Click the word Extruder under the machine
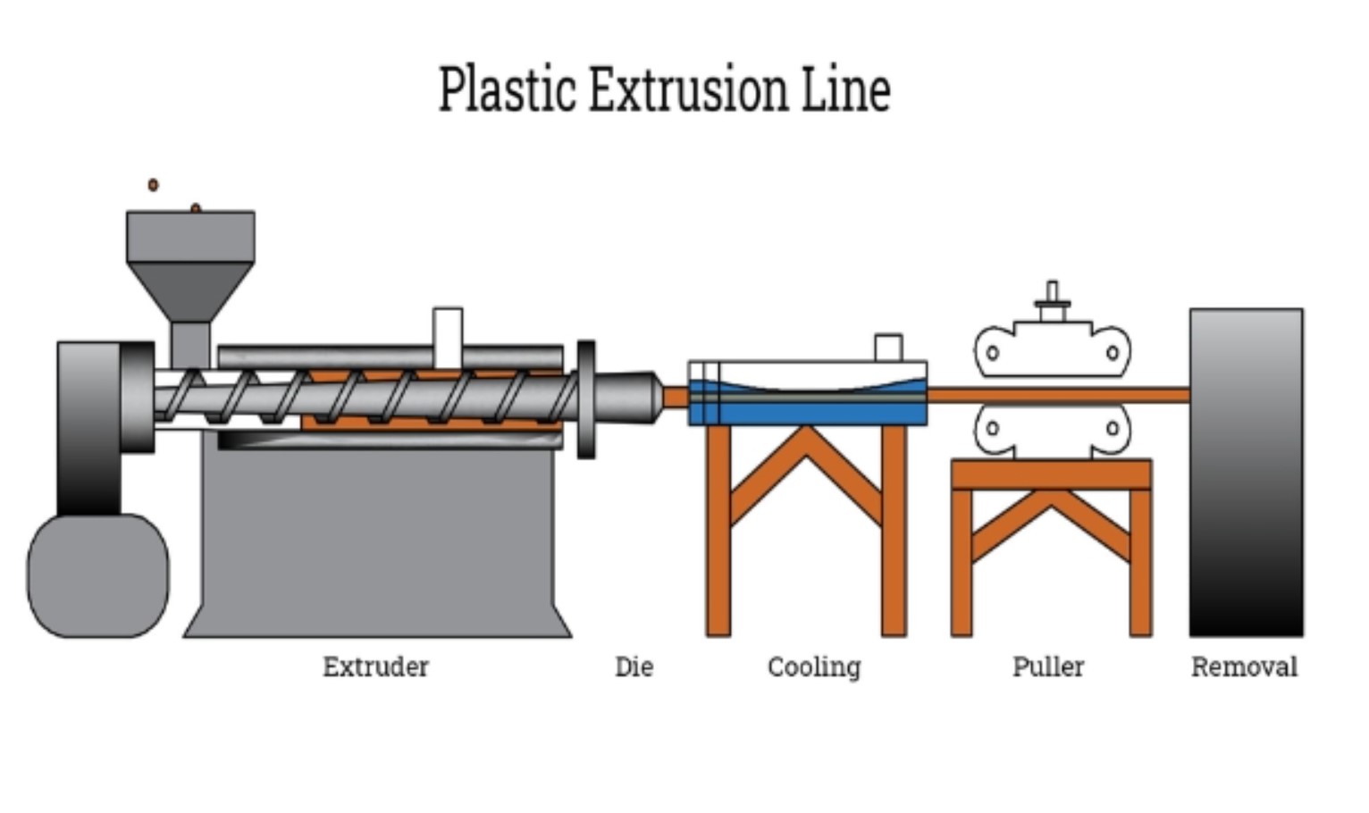pyautogui.click(x=375, y=666)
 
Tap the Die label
pyautogui.click(x=634, y=666)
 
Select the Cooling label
pyautogui.click(x=813, y=666)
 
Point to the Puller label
pyautogui.click(x=1047, y=666)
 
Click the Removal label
pyautogui.click(x=1244, y=666)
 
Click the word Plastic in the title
pyautogui.click(x=507, y=89)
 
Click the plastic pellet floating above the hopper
pyautogui.click(x=153, y=185)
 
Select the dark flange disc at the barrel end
pyautogui.click(x=586, y=399)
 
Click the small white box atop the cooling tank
pyautogui.click(x=888, y=347)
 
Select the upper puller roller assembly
pyautogui.click(x=1052, y=348)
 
